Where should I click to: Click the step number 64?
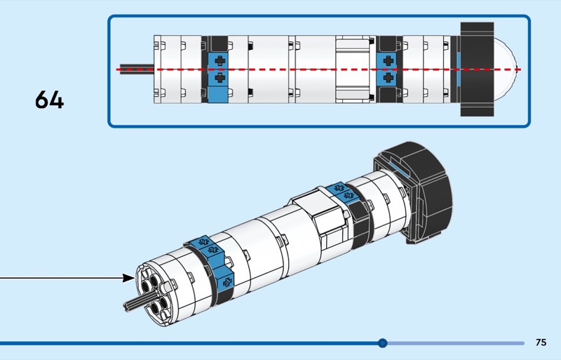coord(49,100)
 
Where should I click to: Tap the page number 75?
coord(541,343)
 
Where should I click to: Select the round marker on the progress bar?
coord(382,343)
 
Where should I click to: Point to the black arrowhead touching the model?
coord(128,278)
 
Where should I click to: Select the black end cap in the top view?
coord(478,69)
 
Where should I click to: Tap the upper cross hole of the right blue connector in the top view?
coord(387,61)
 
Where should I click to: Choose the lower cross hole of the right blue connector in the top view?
coord(387,78)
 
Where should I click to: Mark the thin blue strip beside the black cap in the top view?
coord(457,69)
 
